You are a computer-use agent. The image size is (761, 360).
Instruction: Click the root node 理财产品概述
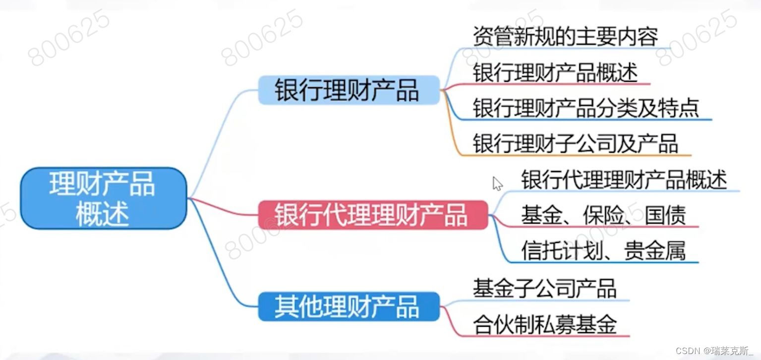pyautogui.click(x=103, y=198)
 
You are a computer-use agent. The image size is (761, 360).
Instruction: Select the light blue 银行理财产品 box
pyautogui.click(x=349, y=90)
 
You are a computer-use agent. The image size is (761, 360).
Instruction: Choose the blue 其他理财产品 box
pyautogui.click(x=349, y=306)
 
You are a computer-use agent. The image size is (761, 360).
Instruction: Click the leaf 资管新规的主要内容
pyautogui.click(x=565, y=36)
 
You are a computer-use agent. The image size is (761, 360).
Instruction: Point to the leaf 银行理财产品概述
pyautogui.click(x=555, y=73)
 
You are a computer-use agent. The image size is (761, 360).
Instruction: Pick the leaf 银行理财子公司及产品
pyautogui.click(x=575, y=144)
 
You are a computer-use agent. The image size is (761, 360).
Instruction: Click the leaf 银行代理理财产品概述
pyautogui.click(x=624, y=180)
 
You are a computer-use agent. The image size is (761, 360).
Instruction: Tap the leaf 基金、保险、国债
pyautogui.click(x=603, y=215)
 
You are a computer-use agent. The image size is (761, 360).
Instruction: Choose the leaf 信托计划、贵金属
pyautogui.click(x=603, y=250)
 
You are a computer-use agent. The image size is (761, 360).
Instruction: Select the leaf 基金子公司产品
pyautogui.click(x=544, y=288)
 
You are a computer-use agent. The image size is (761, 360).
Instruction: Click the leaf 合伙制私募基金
pyautogui.click(x=544, y=325)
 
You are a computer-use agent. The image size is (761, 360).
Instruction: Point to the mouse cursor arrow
pyautogui.click(x=497, y=183)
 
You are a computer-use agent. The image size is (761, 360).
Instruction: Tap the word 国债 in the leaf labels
pyautogui.click(x=665, y=215)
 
